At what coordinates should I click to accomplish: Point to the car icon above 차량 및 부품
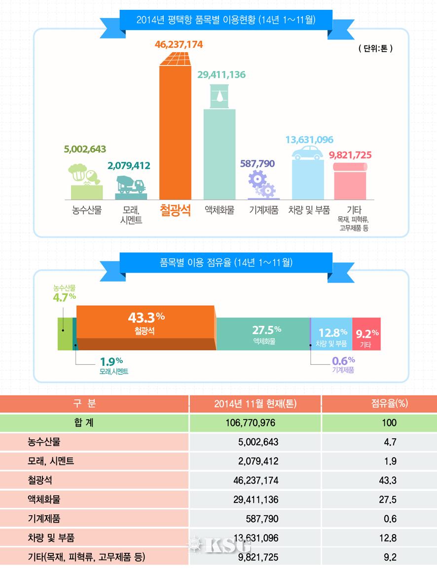[308, 153]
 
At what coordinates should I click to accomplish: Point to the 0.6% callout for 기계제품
[343, 360]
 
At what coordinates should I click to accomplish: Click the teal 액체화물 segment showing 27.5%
[263, 334]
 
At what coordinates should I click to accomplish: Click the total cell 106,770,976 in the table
[255, 423]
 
